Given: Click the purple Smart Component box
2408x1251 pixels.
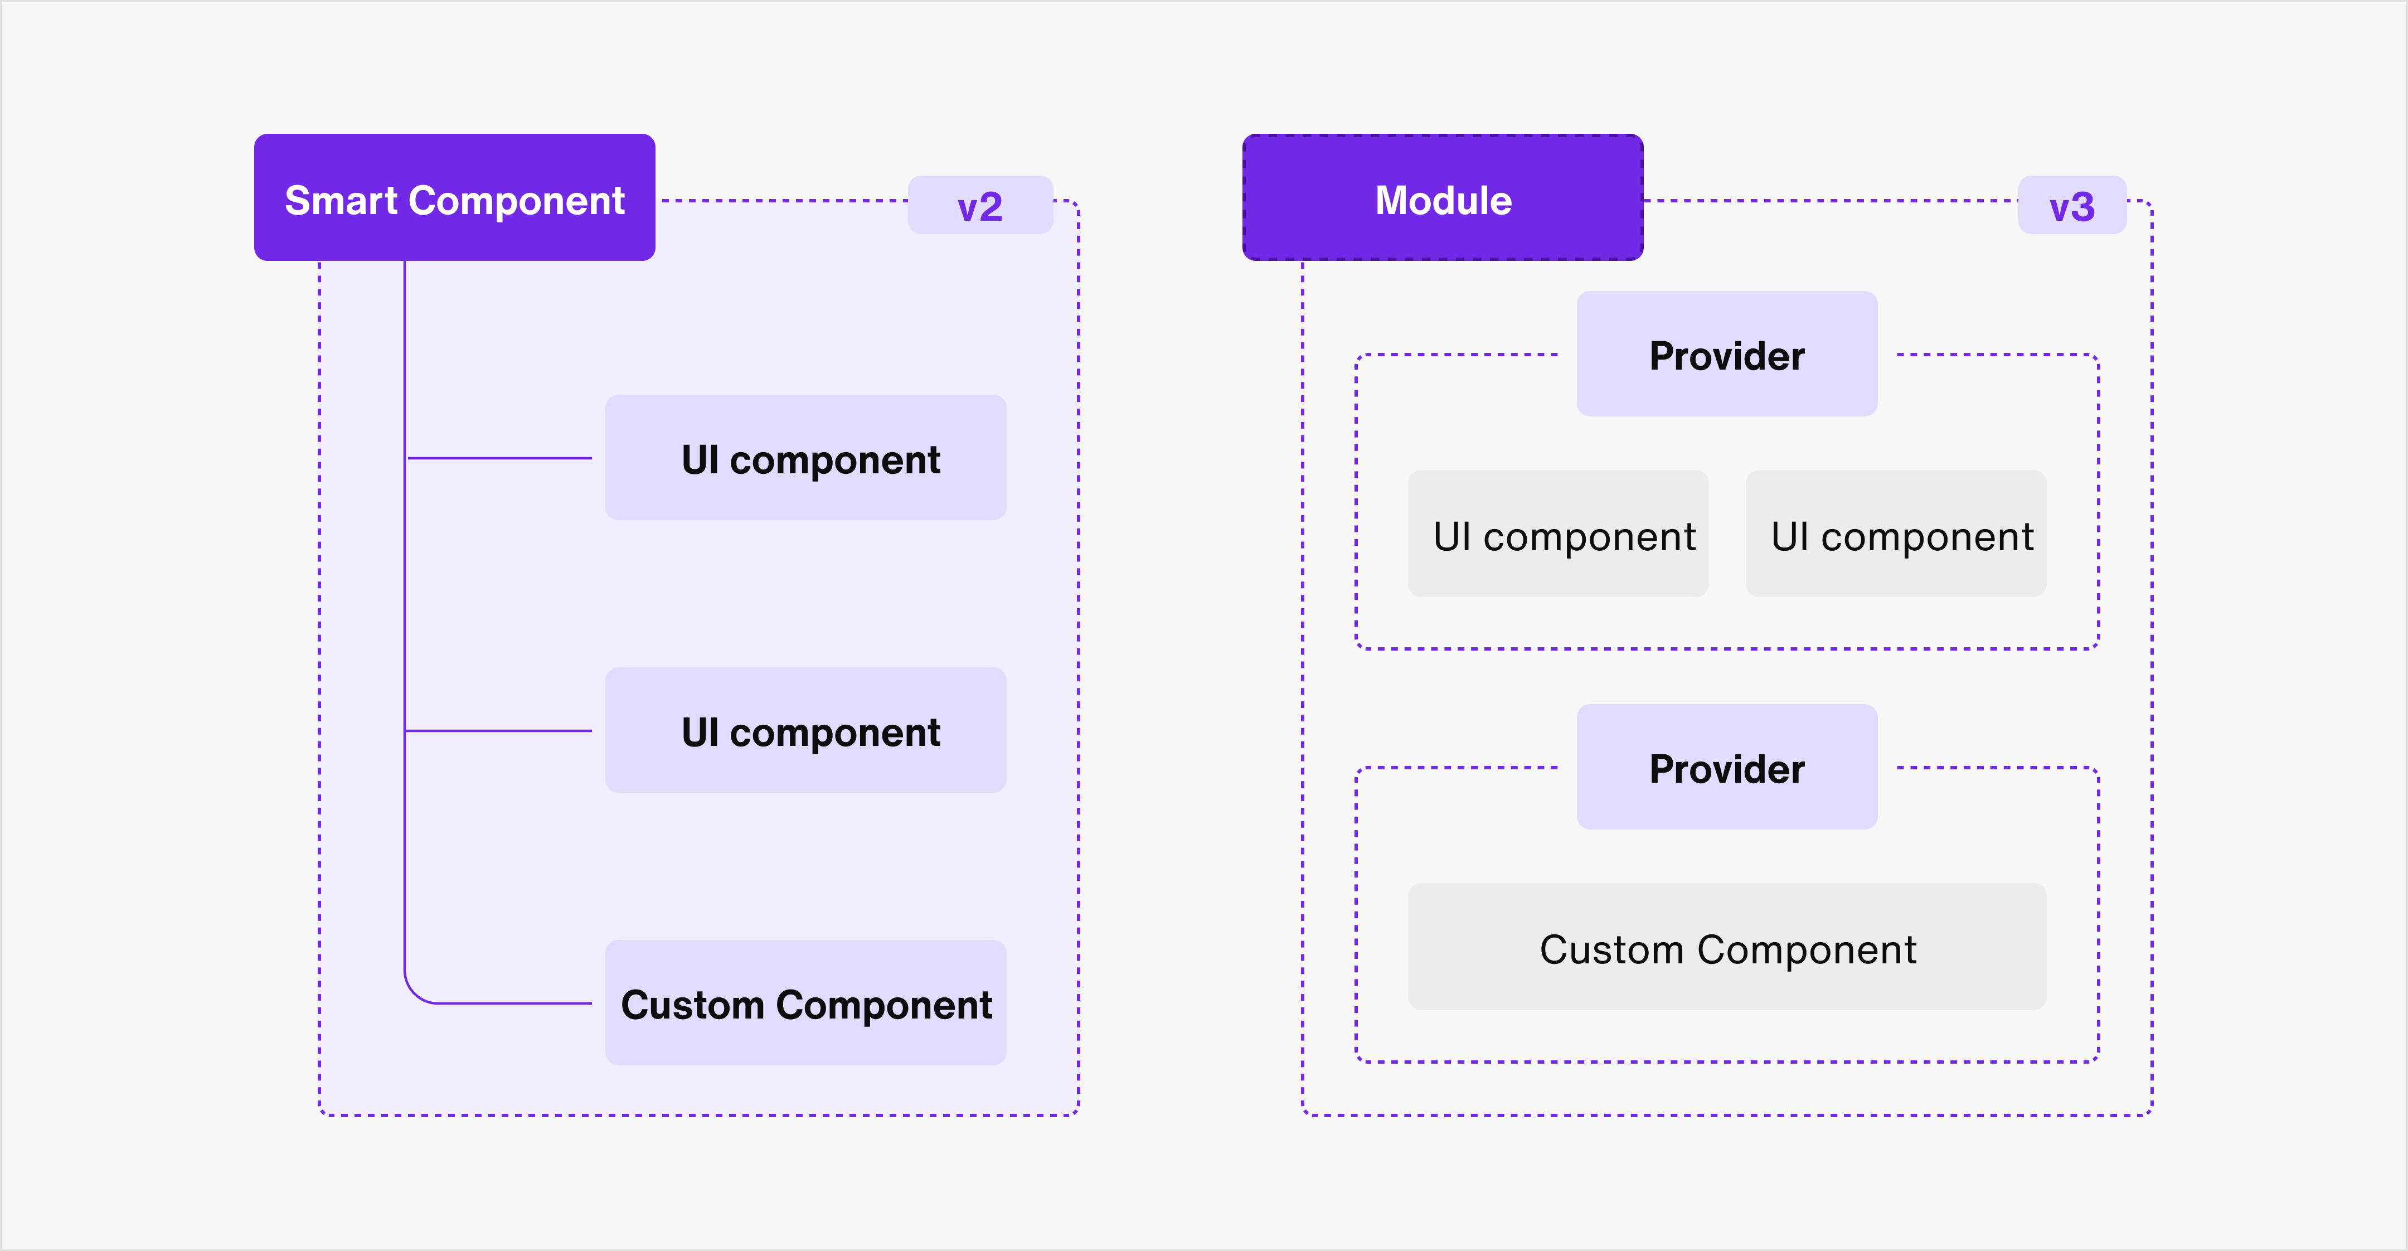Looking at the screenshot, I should (x=454, y=197).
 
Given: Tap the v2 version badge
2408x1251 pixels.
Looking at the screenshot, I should (x=980, y=206).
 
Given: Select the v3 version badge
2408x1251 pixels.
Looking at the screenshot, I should (x=2071, y=206).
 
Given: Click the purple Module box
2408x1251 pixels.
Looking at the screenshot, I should (x=1443, y=197).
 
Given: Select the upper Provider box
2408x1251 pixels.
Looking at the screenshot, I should (x=1726, y=355).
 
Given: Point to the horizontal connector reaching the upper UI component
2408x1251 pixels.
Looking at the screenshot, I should (x=500, y=458).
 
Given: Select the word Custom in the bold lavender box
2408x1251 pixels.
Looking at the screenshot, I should (x=693, y=1005).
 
